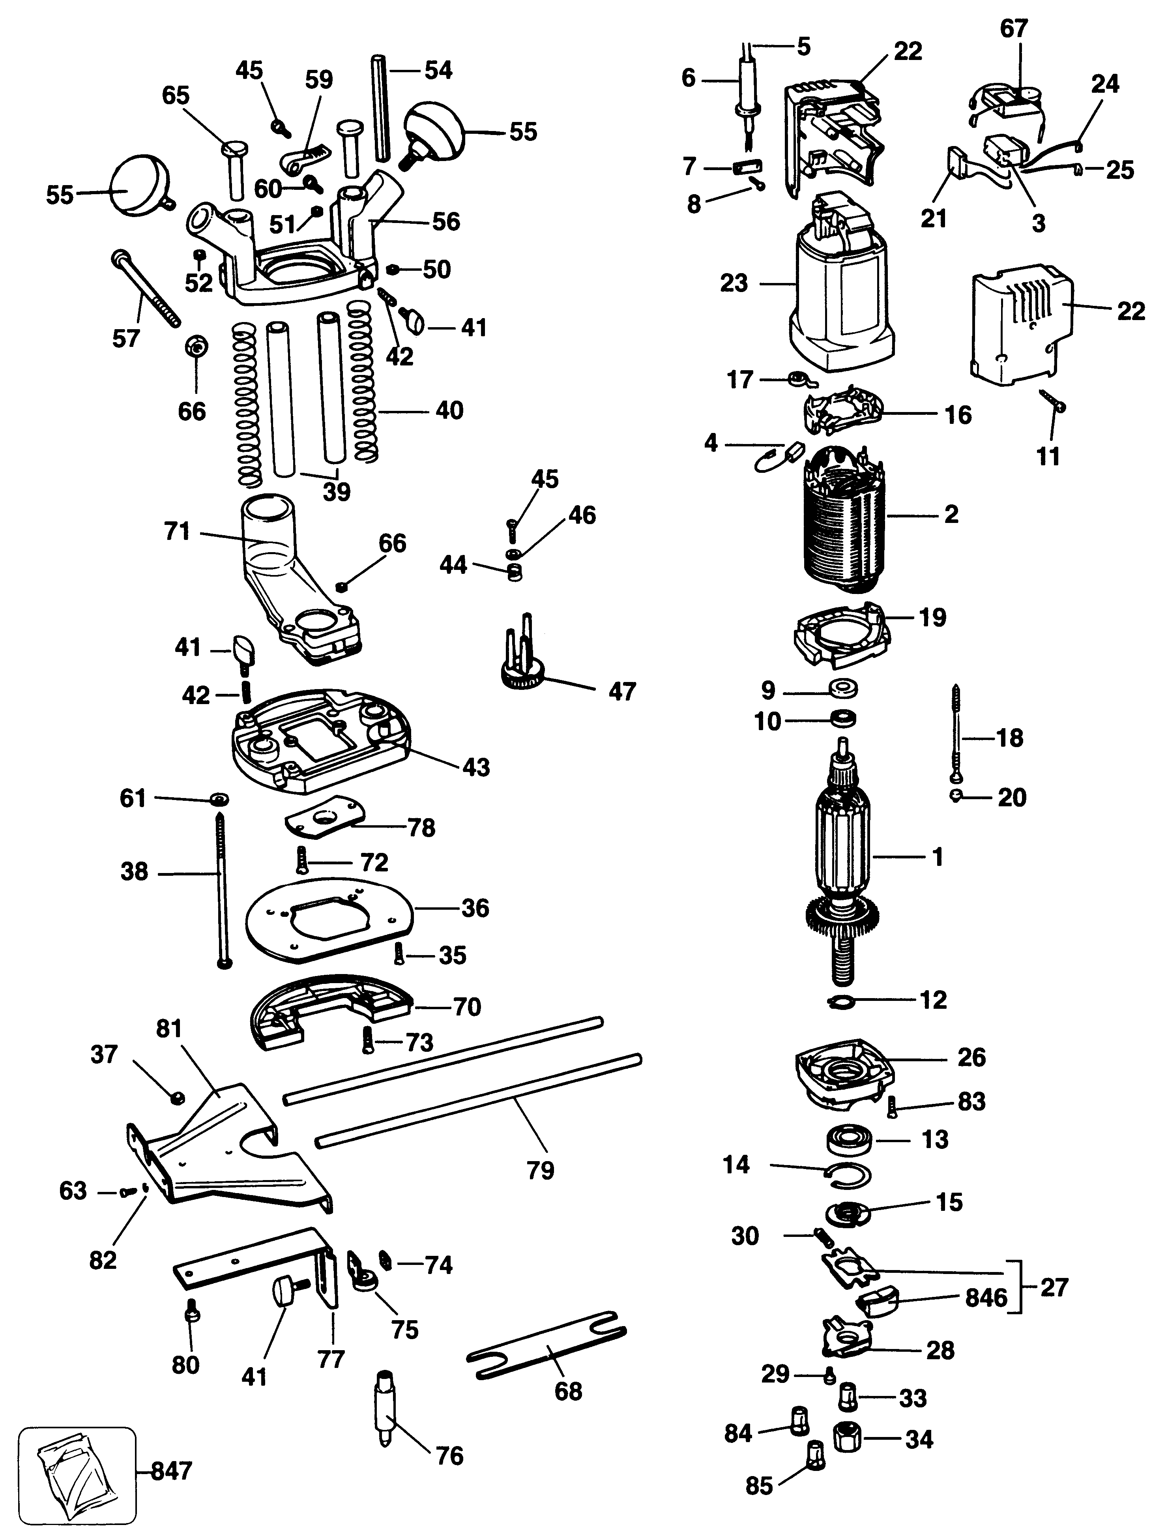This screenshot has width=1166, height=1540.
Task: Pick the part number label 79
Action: (540, 1170)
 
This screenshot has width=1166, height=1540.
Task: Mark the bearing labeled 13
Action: (849, 1140)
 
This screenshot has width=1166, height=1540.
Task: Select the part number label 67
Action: (1014, 28)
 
